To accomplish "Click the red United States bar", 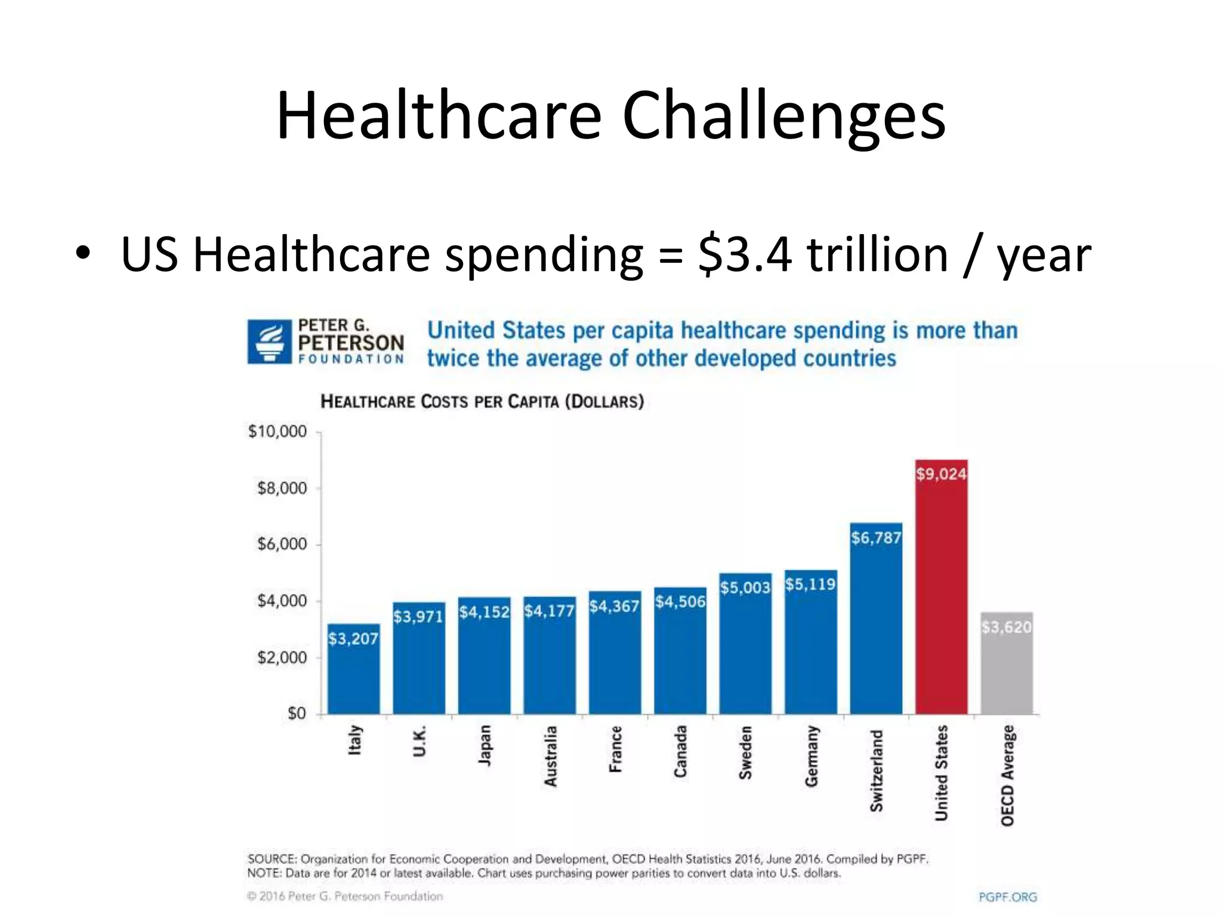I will [941, 597].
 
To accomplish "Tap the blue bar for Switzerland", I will [876, 627].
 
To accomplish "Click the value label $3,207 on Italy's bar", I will [353, 639].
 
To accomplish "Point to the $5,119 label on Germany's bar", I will [810, 584].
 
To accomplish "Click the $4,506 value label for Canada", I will [680, 601].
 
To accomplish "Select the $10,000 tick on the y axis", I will [277, 431].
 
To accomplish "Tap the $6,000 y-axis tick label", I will [282, 544].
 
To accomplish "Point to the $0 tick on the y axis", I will [297, 713].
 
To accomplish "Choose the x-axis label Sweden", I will [746, 752].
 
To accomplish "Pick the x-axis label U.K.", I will [419, 741].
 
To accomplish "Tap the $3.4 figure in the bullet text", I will [745, 255].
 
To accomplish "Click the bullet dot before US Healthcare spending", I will [82, 254].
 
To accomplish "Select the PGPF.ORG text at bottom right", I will [1008, 897].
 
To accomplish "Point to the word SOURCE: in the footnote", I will [271, 859].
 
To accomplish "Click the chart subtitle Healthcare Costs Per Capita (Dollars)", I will [482, 401].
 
